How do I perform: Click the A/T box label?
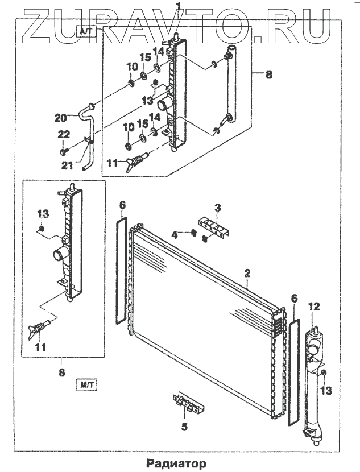click(84, 31)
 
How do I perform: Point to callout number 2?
click(248, 273)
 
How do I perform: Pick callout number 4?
click(177, 233)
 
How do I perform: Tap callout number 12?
click(315, 308)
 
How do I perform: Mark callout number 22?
click(63, 134)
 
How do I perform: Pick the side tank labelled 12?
click(313, 387)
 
